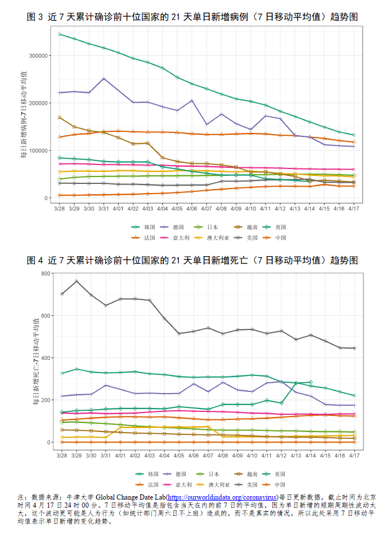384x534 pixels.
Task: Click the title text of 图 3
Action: [193, 17]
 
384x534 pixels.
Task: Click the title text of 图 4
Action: [193, 261]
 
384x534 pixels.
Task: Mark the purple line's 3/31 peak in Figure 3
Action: [104, 78]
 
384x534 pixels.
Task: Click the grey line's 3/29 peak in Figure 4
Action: [77, 281]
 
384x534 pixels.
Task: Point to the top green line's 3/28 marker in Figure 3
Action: [60, 34]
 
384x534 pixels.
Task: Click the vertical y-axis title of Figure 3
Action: [24, 115]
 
